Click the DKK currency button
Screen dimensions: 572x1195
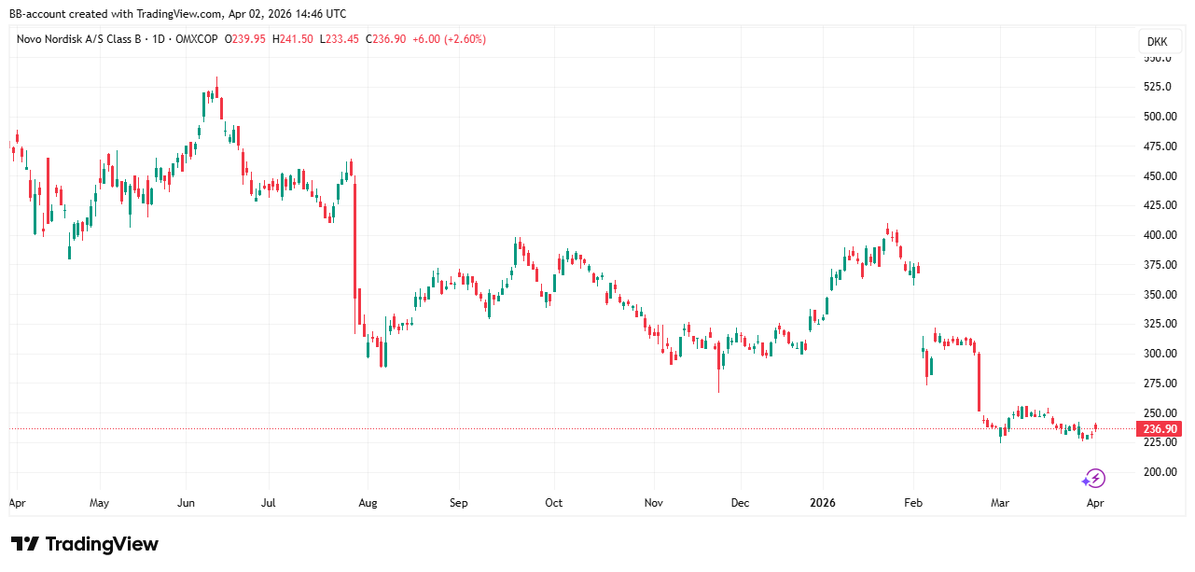pos(1156,42)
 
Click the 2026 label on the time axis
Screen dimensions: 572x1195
pos(823,503)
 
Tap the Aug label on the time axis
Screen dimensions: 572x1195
pos(368,503)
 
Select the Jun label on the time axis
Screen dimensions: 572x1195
pos(186,503)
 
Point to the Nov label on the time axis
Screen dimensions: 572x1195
pos(653,503)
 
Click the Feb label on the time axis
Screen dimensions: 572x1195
pos(913,503)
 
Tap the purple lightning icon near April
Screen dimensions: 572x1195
pos(1093,479)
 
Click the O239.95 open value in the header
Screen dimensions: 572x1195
pos(244,39)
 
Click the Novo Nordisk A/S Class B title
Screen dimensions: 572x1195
pos(85,39)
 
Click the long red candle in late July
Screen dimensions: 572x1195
pos(354,252)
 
